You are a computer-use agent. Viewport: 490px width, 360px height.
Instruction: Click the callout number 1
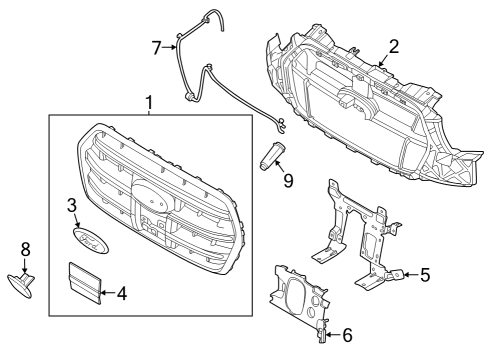pos(150,102)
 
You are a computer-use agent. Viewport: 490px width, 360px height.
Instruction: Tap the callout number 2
pos(393,46)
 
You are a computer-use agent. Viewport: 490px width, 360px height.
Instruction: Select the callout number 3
pos(72,206)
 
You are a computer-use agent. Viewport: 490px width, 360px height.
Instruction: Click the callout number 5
pos(425,273)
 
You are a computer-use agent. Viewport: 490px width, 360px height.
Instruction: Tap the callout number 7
pos(156,47)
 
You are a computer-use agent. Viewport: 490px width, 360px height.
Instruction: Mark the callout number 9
pos(288,182)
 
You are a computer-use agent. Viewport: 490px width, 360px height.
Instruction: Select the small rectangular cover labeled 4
pos(84,281)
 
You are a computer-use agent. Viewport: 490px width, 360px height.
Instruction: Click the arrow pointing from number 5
pos(404,273)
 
